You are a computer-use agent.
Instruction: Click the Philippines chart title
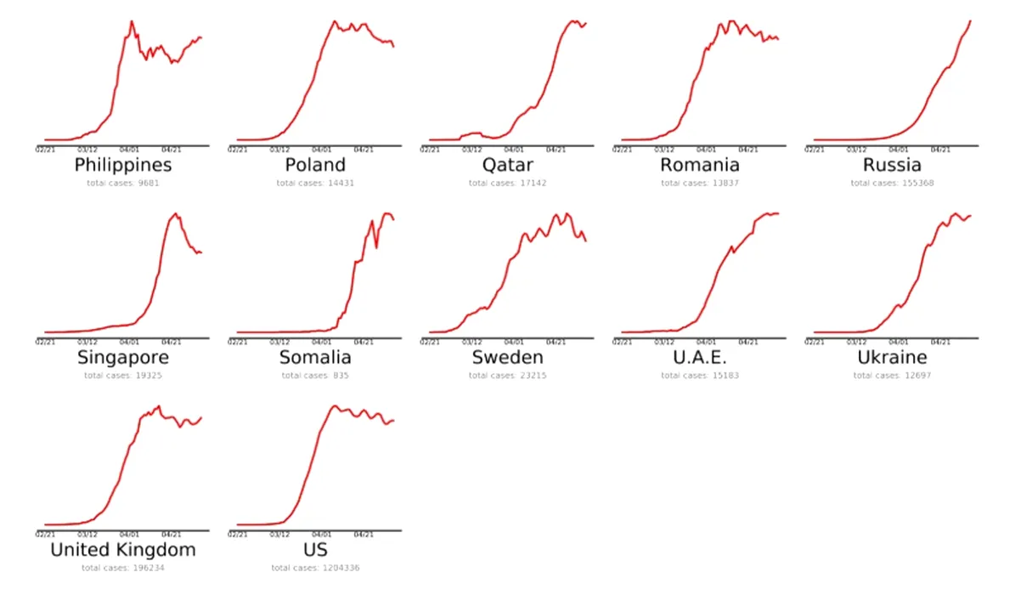tap(123, 164)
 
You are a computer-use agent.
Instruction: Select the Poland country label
tap(315, 164)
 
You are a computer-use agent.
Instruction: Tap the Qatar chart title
tap(507, 164)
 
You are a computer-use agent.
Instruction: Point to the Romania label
tap(699, 164)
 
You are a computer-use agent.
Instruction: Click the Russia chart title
tap(891, 164)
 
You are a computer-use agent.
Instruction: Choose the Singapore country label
tap(123, 357)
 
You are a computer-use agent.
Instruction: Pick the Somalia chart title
tap(315, 357)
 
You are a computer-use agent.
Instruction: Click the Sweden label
tap(507, 357)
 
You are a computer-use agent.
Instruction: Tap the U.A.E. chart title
tap(699, 357)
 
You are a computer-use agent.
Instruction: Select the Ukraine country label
tap(891, 357)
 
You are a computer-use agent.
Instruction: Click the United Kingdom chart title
tap(123, 550)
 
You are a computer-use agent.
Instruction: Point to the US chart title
tap(315, 550)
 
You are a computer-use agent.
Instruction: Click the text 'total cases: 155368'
tap(891, 183)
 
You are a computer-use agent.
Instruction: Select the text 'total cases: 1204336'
tap(315, 568)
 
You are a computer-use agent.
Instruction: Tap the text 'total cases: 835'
tap(315, 375)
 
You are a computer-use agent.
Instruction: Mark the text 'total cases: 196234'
tap(123, 568)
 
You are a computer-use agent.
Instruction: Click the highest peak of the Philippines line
tap(132, 21)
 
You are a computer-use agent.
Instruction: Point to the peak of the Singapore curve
tap(176, 213)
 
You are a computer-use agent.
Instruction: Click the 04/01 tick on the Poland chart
tap(321, 149)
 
